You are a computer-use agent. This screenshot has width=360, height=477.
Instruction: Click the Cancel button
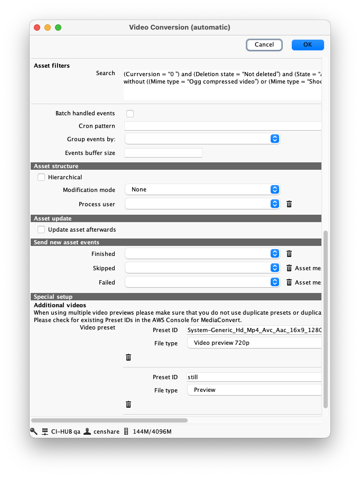pos(264,45)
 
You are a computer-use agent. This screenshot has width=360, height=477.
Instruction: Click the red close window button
pos(37,27)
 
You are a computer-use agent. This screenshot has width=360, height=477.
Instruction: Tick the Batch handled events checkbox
pos(130,114)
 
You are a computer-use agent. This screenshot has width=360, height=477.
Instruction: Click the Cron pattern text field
pos(223,126)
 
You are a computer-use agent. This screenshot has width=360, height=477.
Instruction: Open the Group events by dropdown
pos(202,139)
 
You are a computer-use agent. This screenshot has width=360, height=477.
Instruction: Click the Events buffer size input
pos(163,153)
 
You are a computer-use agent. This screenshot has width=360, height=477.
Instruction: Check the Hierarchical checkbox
pos(41,178)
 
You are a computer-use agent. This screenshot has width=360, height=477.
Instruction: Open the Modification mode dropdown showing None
pos(202,189)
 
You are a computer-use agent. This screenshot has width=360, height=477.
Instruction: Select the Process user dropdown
pos(202,204)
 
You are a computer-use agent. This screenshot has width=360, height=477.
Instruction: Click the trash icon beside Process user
pos(289,204)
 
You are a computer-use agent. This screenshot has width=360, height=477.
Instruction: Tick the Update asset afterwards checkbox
pos(41,230)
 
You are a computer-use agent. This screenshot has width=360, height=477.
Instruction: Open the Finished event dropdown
pos(202,254)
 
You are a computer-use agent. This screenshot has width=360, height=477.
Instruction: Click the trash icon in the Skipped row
pos(289,268)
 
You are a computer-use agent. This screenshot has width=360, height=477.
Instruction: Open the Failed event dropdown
pos(202,282)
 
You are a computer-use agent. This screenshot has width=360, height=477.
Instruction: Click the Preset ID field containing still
pos(254,377)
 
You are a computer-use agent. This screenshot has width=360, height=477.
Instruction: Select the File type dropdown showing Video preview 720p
pos(254,343)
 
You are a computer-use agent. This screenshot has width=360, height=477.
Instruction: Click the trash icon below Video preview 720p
pos(128,357)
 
